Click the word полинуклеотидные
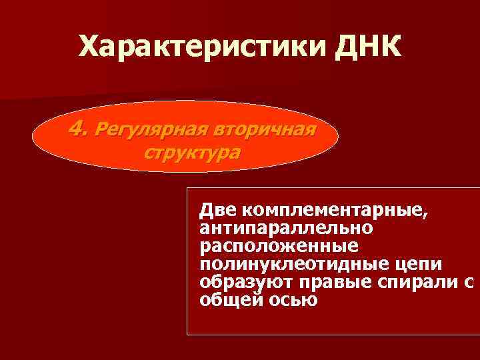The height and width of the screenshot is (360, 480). pos(289,265)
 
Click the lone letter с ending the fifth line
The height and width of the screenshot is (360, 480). pos(468,283)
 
